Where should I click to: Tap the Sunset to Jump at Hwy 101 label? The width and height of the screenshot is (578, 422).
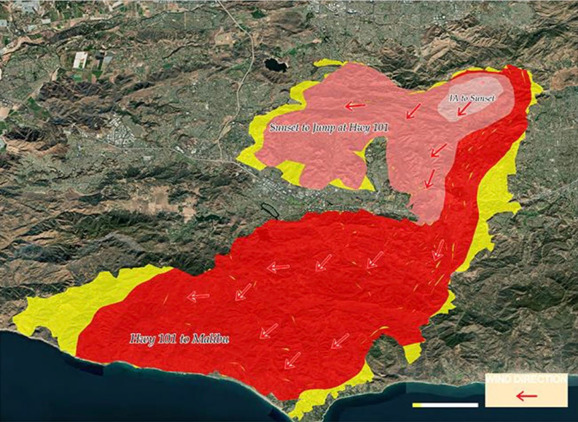click(x=329, y=128)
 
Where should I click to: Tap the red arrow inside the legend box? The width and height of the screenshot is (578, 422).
click(x=527, y=396)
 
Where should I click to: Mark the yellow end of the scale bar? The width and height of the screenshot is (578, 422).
click(x=417, y=405)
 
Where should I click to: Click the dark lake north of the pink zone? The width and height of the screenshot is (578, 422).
click(x=275, y=65)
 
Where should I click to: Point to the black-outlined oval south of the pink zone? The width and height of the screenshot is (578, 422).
click(x=270, y=209)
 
